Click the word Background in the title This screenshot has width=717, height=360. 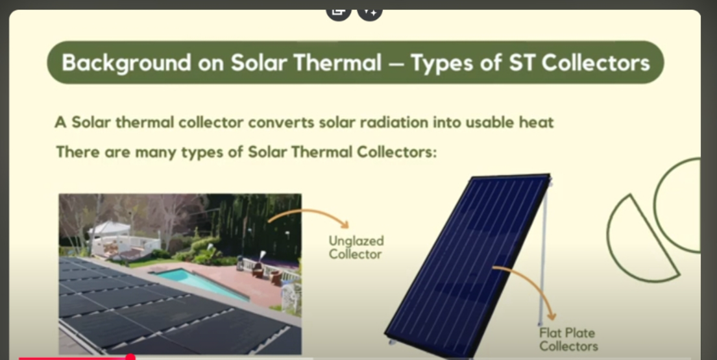click(x=126, y=62)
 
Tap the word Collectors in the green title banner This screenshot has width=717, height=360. click(x=596, y=62)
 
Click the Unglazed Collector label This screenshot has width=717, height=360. click(x=356, y=247)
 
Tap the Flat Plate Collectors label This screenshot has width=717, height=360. click(x=568, y=339)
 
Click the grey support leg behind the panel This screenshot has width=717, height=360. click(x=543, y=256)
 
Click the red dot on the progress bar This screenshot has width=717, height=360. click(x=130, y=357)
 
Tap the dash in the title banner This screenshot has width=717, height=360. click(x=396, y=64)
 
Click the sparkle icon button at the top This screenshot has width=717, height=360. click(x=369, y=11)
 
